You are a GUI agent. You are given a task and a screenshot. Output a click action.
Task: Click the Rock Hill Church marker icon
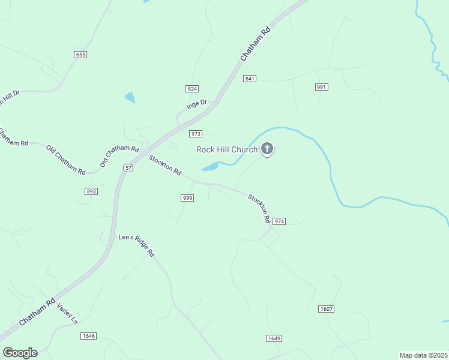[x=267, y=149]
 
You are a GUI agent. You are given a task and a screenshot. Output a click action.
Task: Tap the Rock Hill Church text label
[x=227, y=149]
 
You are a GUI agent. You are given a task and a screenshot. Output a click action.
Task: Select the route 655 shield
[x=81, y=55]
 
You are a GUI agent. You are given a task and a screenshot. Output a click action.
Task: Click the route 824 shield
[x=192, y=88]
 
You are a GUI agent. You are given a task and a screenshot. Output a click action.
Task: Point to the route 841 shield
[x=250, y=79]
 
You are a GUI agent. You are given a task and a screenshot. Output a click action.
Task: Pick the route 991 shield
[x=322, y=87]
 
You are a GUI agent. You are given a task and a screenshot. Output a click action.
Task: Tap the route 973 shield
[x=195, y=134]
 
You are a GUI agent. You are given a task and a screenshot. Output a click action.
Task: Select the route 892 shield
[x=91, y=191]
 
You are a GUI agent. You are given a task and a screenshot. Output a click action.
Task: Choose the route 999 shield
[x=187, y=198]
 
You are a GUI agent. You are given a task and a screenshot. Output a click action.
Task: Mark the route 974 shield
[x=279, y=221]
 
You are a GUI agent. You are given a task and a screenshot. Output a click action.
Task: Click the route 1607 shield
[x=326, y=308]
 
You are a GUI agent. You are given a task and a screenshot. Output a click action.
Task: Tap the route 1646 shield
[x=88, y=336]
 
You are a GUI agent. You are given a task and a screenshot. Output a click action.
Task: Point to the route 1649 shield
[x=274, y=338]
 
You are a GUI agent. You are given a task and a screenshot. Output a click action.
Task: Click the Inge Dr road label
[x=196, y=104]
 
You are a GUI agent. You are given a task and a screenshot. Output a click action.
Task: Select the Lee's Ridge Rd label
[x=136, y=245]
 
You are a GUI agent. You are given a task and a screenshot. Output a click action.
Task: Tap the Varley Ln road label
[x=67, y=314]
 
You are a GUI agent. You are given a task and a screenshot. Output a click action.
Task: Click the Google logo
[x=20, y=353]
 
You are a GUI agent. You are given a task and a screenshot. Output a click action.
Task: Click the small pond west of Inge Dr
[x=130, y=97]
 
